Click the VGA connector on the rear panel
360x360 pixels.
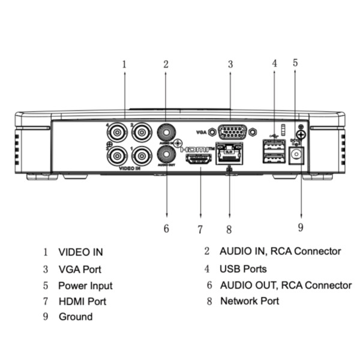click(230, 131)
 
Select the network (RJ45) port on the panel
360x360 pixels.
click(229, 154)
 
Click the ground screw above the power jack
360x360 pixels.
click(301, 135)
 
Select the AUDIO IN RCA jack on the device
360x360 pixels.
click(166, 132)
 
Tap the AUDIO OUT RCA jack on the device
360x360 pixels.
click(166, 156)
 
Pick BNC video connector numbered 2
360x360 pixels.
click(141, 132)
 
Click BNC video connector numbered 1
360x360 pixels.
click(141, 156)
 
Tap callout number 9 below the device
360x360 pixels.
click(300, 227)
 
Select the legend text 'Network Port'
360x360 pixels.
click(250, 301)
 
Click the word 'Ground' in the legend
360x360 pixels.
click(75, 316)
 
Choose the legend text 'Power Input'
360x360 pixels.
click(85, 286)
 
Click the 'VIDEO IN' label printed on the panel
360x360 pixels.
click(129, 170)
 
